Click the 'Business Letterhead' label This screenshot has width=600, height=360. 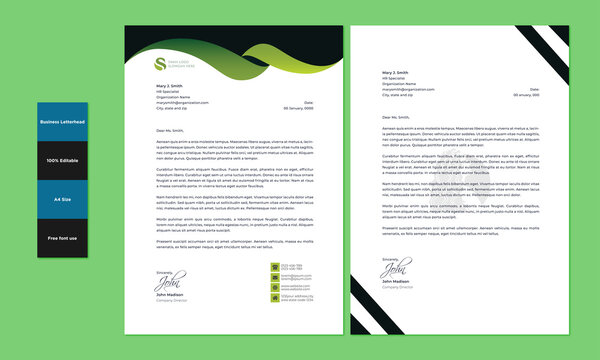pyautogui.click(x=62, y=121)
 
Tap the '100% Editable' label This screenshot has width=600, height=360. pyautogui.click(x=62, y=160)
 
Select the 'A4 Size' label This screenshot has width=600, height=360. pyautogui.click(x=62, y=199)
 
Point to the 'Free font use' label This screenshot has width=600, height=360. pyautogui.click(x=62, y=238)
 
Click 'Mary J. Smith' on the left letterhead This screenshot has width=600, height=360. pyautogui.click(x=169, y=88)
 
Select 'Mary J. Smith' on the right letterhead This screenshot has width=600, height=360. pyautogui.click(x=395, y=73)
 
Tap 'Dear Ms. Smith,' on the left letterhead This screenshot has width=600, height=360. pyautogui.click(x=171, y=130)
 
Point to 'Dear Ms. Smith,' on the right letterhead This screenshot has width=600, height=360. pyautogui.click(x=398, y=117)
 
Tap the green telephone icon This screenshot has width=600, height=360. pyautogui.click(x=273, y=267)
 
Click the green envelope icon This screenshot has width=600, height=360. pyautogui.click(x=273, y=277)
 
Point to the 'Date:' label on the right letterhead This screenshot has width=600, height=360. pyautogui.click(x=535, y=88)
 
